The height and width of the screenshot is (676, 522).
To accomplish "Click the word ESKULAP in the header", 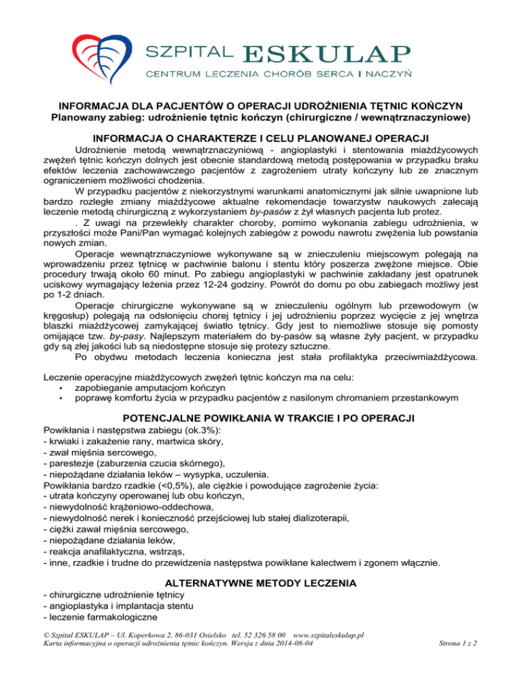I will pos(326,53).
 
